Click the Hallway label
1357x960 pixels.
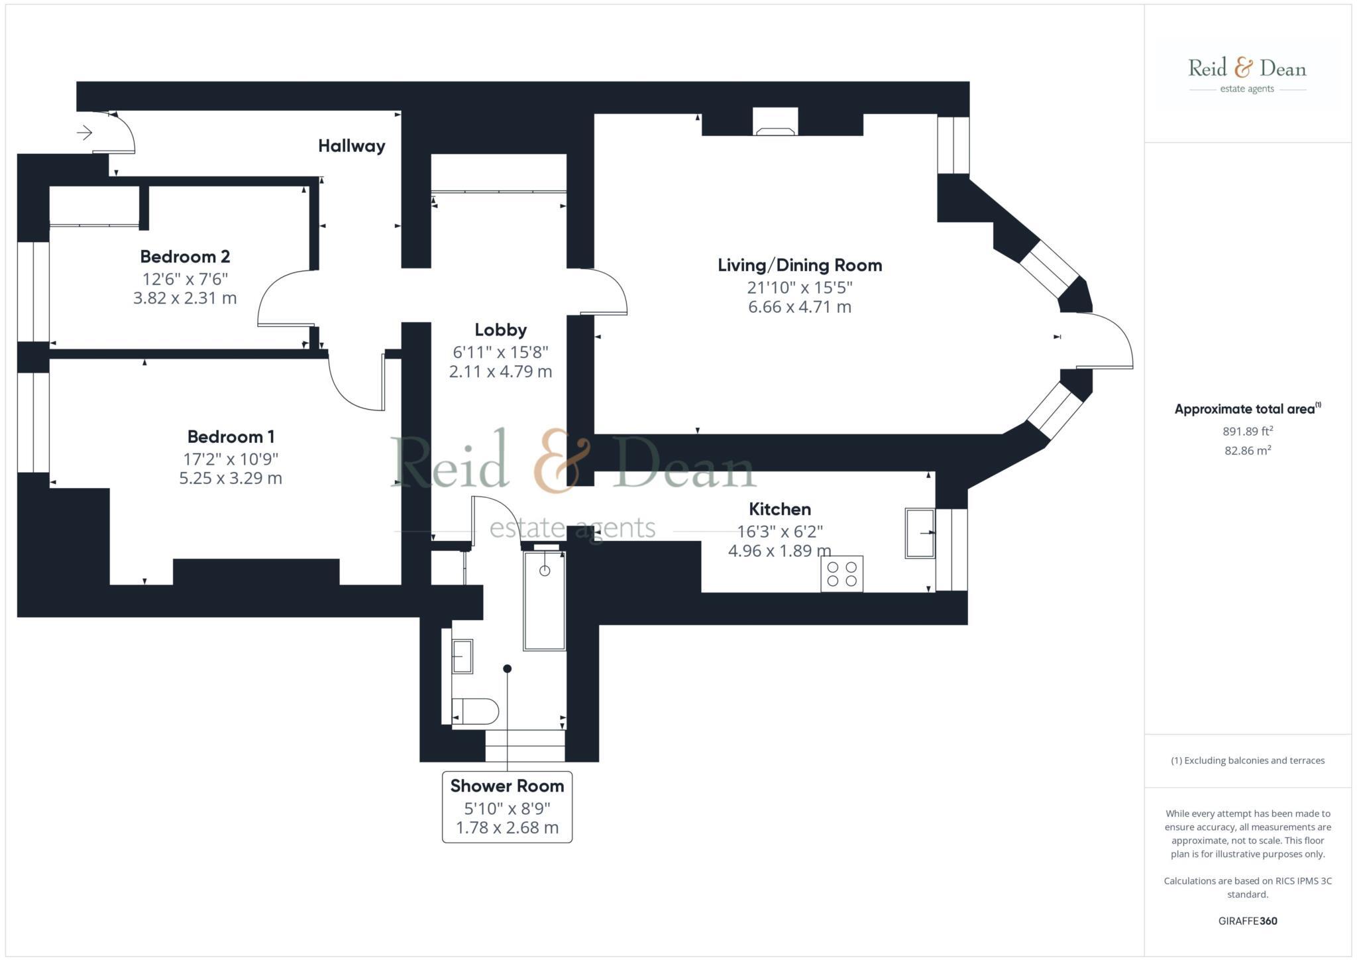point(351,146)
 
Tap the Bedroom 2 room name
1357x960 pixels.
point(185,257)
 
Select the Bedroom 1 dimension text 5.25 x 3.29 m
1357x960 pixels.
point(231,478)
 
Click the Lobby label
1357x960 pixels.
point(500,330)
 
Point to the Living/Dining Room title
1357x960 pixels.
point(800,265)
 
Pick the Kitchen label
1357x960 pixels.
point(779,509)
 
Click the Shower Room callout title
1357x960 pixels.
point(507,786)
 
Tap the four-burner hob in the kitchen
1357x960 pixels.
point(841,573)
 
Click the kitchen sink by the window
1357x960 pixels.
point(920,533)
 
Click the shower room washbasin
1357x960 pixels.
point(462,656)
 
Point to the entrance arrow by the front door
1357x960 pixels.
point(84,133)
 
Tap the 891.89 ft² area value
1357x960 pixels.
point(1247,431)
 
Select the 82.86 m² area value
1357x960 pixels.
point(1247,451)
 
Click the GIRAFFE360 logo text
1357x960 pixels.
point(1247,921)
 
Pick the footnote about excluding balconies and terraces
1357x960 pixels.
point(1247,760)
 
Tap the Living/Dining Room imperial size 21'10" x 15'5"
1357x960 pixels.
point(799,288)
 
